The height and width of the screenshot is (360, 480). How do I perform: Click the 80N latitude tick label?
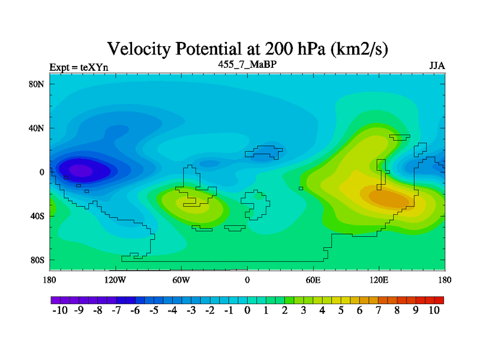click(36, 84)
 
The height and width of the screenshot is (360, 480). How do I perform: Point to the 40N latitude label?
click(36, 128)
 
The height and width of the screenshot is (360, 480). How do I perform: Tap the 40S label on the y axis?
click(37, 216)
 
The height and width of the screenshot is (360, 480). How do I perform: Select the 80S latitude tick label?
click(37, 260)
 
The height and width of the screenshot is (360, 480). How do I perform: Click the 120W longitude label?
click(115, 280)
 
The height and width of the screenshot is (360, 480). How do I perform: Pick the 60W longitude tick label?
click(181, 280)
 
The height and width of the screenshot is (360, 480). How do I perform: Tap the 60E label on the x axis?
click(313, 280)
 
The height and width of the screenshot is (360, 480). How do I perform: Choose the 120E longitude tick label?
click(379, 280)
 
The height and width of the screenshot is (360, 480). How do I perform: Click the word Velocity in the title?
click(139, 49)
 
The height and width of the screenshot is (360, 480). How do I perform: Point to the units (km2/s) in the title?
click(359, 49)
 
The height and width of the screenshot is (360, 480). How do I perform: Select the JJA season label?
click(437, 66)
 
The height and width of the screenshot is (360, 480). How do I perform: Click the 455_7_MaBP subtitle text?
click(247, 64)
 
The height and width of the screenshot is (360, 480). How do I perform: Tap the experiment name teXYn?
click(94, 67)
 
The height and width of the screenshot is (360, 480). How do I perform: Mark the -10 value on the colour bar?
click(60, 310)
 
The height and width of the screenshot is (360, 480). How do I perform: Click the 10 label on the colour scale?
click(434, 310)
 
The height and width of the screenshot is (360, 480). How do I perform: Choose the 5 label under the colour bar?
click(341, 310)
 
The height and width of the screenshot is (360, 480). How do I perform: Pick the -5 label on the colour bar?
click(154, 310)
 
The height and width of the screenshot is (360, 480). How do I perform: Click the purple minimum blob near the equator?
click(80, 170)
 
